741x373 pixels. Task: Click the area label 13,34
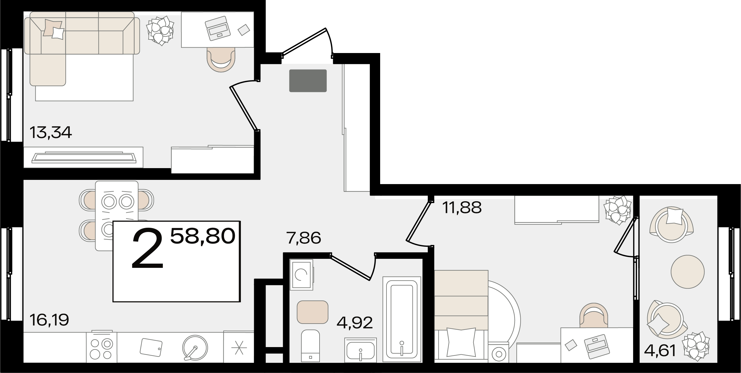[x=51, y=133]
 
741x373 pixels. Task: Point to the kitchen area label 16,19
[x=49, y=320]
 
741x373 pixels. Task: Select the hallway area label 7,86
[x=304, y=238]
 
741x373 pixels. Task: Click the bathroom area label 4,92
[x=355, y=323]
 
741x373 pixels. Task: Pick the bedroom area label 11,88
[x=462, y=208]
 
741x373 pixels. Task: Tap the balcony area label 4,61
[x=660, y=350]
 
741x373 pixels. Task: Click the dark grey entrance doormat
[x=308, y=81]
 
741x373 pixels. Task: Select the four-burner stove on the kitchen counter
[x=102, y=347]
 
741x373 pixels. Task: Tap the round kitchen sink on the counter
[x=195, y=348]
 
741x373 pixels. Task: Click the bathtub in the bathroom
[x=402, y=319]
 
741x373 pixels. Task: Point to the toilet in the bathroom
[x=311, y=345]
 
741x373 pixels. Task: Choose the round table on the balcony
[x=688, y=272]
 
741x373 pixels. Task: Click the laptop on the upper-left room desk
[x=218, y=28]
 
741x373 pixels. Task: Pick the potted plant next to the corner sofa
[x=160, y=30]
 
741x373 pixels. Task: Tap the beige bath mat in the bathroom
[x=312, y=312]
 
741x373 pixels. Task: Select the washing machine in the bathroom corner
[x=301, y=274]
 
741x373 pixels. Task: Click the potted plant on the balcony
[x=695, y=346]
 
